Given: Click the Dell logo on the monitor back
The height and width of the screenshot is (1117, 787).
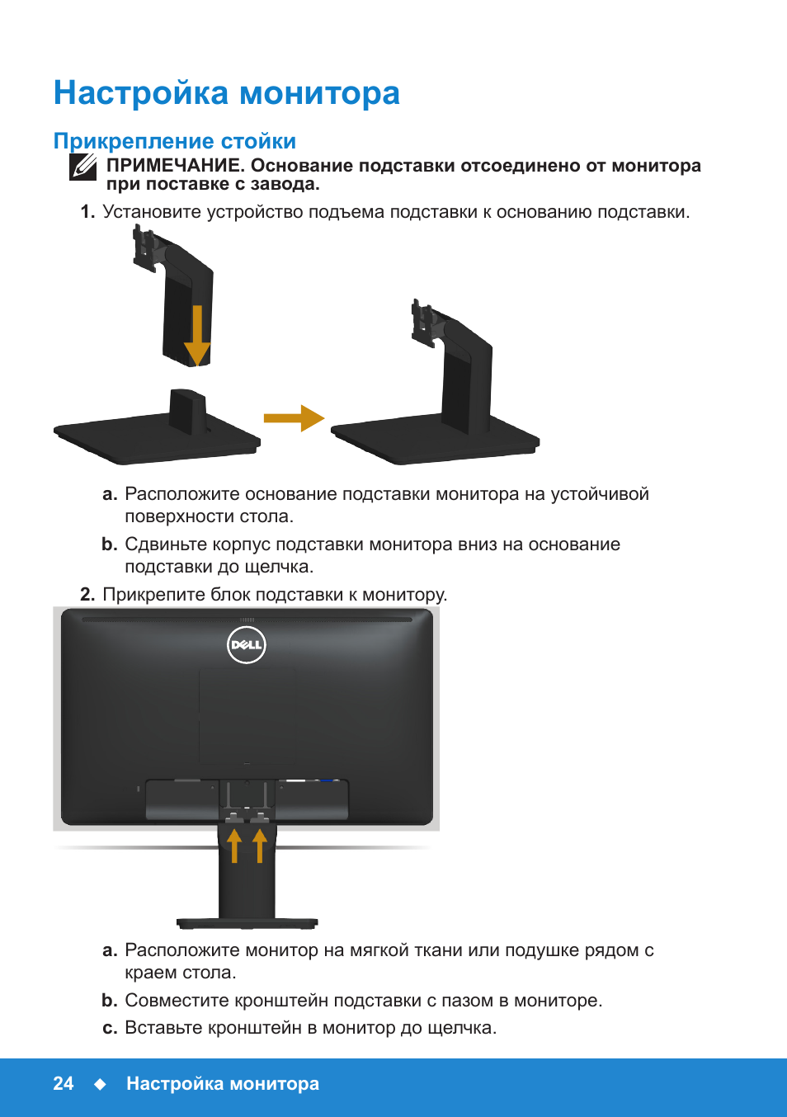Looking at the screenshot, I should [x=246, y=645].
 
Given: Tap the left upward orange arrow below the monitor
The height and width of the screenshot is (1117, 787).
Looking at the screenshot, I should [x=234, y=846].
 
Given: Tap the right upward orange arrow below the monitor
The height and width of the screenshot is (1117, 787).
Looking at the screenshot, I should [x=260, y=846].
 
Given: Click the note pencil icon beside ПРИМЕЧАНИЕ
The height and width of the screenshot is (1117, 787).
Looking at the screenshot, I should [x=83, y=167].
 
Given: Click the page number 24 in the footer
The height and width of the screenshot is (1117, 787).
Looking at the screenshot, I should [x=64, y=1084].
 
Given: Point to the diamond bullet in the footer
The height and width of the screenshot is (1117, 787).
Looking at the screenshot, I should [x=100, y=1084].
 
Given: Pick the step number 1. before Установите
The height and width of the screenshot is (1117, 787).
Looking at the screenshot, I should [x=87, y=212].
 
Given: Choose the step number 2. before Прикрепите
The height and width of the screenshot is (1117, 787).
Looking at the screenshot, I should [x=87, y=595].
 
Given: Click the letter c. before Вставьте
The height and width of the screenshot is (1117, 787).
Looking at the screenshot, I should [x=110, y=1028].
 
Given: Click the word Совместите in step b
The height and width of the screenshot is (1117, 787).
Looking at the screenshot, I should [x=177, y=1001].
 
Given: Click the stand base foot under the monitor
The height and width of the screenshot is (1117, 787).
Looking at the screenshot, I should [x=247, y=923].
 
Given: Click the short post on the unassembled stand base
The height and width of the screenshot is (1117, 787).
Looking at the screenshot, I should [x=187, y=411].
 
